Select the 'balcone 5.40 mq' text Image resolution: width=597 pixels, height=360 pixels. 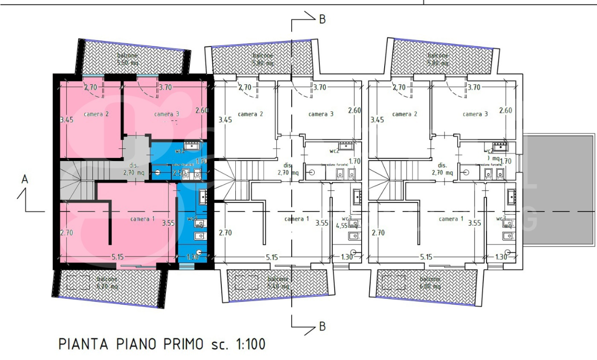coord(277,282)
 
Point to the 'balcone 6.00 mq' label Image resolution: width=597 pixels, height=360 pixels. coord(430,282)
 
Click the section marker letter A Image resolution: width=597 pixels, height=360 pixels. coord(24,179)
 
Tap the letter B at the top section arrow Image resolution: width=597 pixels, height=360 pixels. coord(322,19)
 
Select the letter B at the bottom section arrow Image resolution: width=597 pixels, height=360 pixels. coord(322,326)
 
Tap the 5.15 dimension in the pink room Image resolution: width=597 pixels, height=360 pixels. coord(117,256)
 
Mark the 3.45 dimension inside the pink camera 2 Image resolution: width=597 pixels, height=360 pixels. coord(67,120)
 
